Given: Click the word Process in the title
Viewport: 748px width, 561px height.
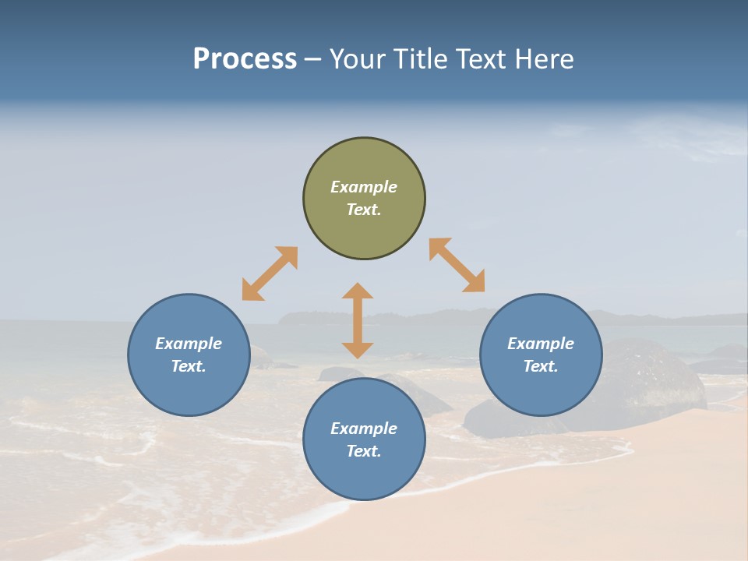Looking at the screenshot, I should pyautogui.click(x=245, y=59).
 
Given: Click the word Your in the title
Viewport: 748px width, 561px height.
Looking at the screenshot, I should pyautogui.click(x=358, y=59).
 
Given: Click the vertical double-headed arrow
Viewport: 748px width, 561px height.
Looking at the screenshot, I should pyautogui.click(x=358, y=320).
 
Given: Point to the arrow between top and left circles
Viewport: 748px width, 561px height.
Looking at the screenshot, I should pyautogui.click(x=270, y=273).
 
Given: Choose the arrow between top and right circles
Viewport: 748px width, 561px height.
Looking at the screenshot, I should pyautogui.click(x=457, y=265).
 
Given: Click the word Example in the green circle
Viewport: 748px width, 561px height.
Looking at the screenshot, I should pyautogui.click(x=364, y=187).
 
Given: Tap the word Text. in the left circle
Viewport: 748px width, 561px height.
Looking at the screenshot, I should pyautogui.click(x=189, y=366).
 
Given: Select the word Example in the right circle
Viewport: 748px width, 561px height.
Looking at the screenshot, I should pyautogui.click(x=541, y=344).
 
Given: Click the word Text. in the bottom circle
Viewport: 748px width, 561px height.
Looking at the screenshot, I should pyautogui.click(x=364, y=451).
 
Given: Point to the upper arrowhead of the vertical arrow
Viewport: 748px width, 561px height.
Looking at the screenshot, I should pyautogui.click(x=358, y=291).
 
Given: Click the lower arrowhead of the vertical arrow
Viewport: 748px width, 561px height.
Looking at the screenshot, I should pyautogui.click(x=358, y=350).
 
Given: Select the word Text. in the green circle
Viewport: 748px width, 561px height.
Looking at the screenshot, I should pyautogui.click(x=364, y=210).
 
